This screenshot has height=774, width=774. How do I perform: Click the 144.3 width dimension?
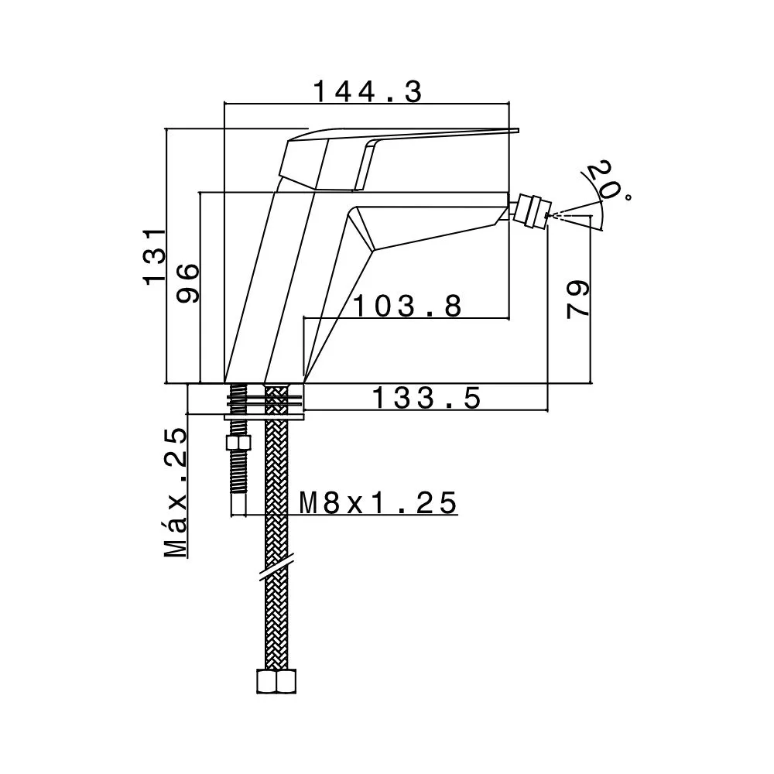368,92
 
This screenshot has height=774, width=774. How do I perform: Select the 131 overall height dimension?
155,255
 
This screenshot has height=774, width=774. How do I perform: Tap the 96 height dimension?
189,283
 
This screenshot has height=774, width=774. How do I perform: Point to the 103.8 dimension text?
408,306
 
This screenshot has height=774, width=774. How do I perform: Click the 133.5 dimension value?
426,398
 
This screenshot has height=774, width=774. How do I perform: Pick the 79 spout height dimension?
578,300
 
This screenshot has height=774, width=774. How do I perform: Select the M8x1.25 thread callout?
378,503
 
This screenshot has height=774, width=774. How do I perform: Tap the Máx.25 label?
176,492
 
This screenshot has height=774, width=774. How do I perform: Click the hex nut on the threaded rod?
238,442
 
